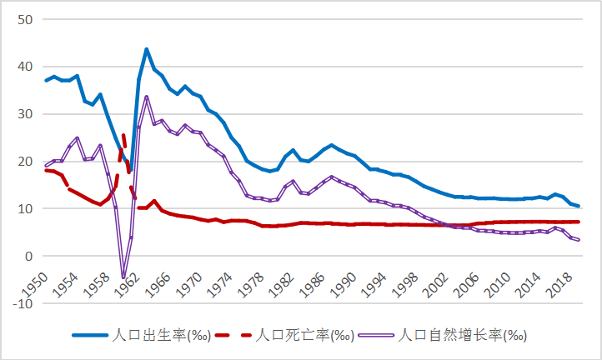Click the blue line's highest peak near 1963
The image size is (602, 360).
point(147,49)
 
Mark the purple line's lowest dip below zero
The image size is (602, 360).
point(123,277)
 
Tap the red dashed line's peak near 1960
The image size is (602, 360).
point(123,135)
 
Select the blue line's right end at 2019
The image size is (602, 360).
point(579,206)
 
